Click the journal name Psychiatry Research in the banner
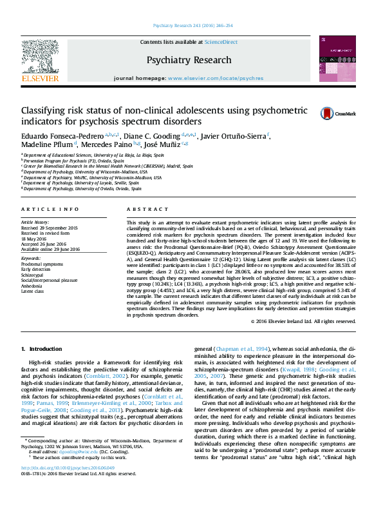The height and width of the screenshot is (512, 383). click(x=189, y=60)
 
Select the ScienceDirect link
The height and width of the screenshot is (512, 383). click(x=221, y=42)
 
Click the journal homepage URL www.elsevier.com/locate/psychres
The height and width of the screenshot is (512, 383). click(x=215, y=78)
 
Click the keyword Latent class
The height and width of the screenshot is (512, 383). click(x=33, y=291)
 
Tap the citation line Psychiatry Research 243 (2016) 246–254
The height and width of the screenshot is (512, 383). click(x=192, y=26)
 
